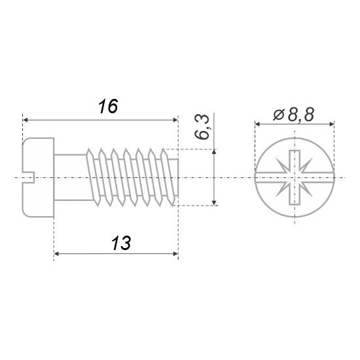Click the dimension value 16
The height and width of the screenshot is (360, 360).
[x=108, y=106]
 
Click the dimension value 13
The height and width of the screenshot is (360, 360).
[x=121, y=243]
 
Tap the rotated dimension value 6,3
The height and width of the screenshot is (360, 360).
[x=202, y=126]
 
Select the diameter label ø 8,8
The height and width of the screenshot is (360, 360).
[x=293, y=115]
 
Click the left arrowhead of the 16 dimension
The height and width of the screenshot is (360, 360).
[x=26, y=120]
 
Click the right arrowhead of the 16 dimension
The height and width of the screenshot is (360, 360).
[x=175, y=120]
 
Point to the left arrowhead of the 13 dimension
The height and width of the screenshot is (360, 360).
[x=56, y=254]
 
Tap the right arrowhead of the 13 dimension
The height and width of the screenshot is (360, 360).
[x=175, y=254]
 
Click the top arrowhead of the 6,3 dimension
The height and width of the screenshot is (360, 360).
[x=214, y=152]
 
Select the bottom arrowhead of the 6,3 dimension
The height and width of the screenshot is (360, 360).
[x=214, y=203]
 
